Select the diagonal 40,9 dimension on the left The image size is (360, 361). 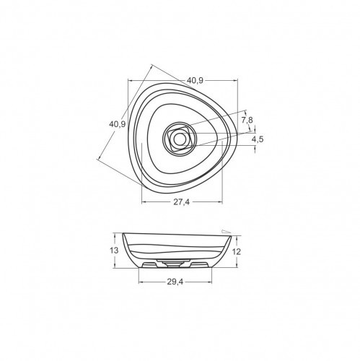[118, 123]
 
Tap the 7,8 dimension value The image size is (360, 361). [247, 119]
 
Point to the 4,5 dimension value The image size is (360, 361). [258, 138]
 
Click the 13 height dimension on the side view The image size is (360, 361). [114, 250]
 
